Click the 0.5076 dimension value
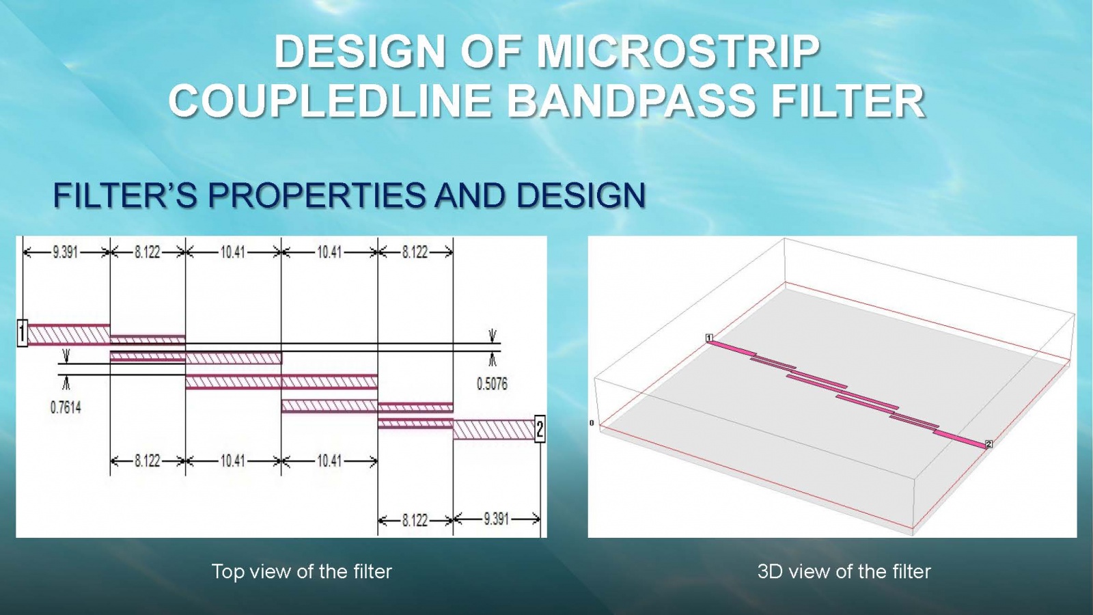point(492,384)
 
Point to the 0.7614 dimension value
point(66,407)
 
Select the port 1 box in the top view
point(23,333)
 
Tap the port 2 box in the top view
point(540,429)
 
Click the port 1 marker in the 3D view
point(710,338)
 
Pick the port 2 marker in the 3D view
point(988,443)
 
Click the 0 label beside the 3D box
point(592,423)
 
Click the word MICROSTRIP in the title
point(678,52)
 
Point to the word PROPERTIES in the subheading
point(317,195)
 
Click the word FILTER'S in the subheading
point(125,195)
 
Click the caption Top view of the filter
point(301,571)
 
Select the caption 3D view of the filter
point(844,571)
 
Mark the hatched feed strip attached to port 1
point(69,335)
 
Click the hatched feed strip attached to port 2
point(494,430)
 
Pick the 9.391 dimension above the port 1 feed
point(66,252)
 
